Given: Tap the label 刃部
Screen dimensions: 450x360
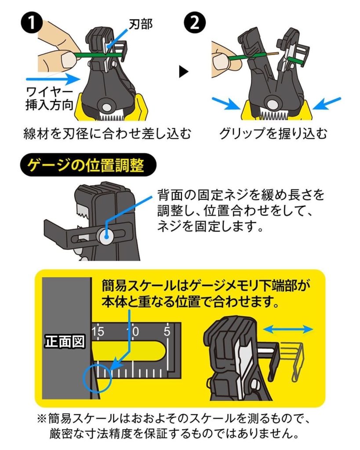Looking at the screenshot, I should click(140, 24).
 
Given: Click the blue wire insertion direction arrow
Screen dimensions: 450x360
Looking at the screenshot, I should click(52, 80).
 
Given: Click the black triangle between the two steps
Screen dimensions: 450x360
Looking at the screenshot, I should click(184, 72).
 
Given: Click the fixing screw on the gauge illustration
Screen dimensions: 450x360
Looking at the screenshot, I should click(105, 236).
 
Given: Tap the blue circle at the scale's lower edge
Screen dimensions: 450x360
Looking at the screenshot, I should click(96, 377).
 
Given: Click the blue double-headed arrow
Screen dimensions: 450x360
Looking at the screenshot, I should click(288, 329).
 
